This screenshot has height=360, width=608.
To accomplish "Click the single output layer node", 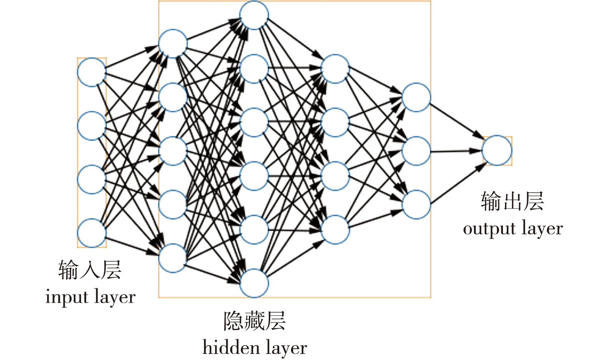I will tap(496, 150).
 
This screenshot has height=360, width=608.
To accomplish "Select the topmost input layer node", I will tap(92, 72).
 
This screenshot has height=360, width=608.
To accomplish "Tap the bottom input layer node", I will tap(92, 233).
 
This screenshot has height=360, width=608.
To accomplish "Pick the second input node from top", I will tap(92, 126).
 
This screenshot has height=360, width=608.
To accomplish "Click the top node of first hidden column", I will tap(173, 44).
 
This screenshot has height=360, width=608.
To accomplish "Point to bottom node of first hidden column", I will tap(173, 258).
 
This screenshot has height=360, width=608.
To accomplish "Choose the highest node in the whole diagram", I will tap(254, 15).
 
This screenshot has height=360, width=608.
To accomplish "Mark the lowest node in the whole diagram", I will tap(254, 283).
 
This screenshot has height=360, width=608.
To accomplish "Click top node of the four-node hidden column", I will tap(335, 69).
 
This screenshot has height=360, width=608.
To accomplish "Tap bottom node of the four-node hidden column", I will tap(335, 229).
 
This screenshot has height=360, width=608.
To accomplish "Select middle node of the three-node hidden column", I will tap(416, 150).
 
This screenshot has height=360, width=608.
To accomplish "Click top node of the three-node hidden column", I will tap(416, 97).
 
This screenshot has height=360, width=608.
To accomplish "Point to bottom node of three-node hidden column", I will tap(416, 204).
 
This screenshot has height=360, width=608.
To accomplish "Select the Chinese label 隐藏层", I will tap(254, 321).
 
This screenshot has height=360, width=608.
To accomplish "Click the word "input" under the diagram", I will tap(66, 297).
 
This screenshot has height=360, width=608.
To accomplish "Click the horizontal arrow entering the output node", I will tap(456, 151).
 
